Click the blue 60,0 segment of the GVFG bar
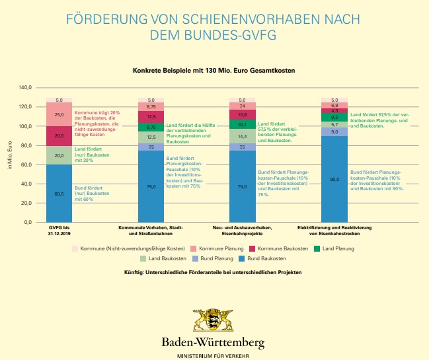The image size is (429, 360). [x=59, y=194]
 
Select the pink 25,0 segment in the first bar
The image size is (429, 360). [x=59, y=114]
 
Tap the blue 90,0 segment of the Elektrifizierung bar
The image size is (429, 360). [x=334, y=179]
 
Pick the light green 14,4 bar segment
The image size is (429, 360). [x=242, y=135]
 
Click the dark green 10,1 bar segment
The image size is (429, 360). [x=242, y=124]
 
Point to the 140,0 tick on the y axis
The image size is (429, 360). [x=25, y=87]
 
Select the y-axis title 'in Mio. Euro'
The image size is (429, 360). [x=9, y=155]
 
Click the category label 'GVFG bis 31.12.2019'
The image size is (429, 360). [x=59, y=231]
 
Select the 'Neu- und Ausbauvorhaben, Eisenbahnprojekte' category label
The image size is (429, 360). [x=242, y=231]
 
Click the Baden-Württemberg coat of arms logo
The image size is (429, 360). [x=213, y=320]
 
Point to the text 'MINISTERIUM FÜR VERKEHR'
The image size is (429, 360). [x=213, y=355]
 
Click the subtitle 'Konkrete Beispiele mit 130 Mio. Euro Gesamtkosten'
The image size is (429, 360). [x=214, y=69]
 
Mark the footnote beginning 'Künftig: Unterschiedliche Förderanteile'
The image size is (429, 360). [x=213, y=272]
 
